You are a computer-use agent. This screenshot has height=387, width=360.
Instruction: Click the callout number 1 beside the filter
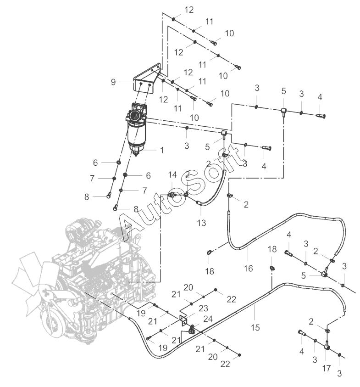click(162, 150)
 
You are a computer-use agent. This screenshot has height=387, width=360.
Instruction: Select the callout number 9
click(113, 82)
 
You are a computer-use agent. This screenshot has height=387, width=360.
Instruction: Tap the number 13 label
click(201, 223)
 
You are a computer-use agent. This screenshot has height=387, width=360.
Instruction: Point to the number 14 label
click(172, 175)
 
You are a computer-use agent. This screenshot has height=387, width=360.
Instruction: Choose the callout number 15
click(255, 327)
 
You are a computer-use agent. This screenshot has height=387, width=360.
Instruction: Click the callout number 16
click(248, 268)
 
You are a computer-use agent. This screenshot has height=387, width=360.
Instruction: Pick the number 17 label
click(326, 368)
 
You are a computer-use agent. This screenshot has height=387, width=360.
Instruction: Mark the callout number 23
click(204, 308)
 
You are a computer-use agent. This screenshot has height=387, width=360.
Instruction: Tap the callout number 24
click(208, 319)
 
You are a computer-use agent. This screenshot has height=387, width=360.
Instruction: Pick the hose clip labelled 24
click(192, 329)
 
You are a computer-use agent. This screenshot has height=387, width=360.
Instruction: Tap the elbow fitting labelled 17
click(327, 346)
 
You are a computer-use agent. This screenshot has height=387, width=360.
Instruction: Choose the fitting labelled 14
click(172, 195)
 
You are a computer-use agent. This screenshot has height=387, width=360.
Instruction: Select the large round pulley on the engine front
click(50, 323)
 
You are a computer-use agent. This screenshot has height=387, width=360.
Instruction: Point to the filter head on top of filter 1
click(136, 113)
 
